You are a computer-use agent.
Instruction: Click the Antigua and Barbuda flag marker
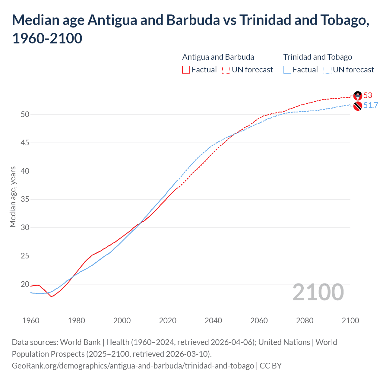click(x=358, y=96)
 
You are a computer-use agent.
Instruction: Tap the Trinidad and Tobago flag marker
click(x=358, y=106)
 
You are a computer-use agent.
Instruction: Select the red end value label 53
click(x=368, y=95)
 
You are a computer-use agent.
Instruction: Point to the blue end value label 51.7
click(x=371, y=105)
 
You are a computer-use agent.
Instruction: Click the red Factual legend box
click(x=186, y=70)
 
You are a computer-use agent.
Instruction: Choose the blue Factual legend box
click(x=287, y=70)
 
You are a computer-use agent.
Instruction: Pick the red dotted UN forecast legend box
click(x=226, y=70)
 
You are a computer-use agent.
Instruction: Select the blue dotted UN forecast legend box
click(x=327, y=70)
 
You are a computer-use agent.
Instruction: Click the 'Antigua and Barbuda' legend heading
click(x=218, y=57)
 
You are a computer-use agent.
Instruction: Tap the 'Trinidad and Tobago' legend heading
click(x=318, y=57)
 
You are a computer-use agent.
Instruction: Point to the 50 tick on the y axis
click(x=25, y=114)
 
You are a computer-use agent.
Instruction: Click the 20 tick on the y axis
click(x=25, y=284)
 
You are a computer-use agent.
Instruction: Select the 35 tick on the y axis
click(x=25, y=199)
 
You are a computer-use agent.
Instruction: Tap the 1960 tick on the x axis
click(x=31, y=321)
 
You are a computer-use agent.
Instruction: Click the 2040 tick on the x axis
click(x=213, y=321)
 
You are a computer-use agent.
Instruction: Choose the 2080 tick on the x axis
click(x=305, y=321)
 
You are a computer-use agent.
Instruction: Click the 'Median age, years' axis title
click(x=13, y=197)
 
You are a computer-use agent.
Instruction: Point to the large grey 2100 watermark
click(x=318, y=292)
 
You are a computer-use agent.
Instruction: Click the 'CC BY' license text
click(x=271, y=365)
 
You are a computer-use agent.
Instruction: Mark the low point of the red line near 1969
click(x=51, y=296)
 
